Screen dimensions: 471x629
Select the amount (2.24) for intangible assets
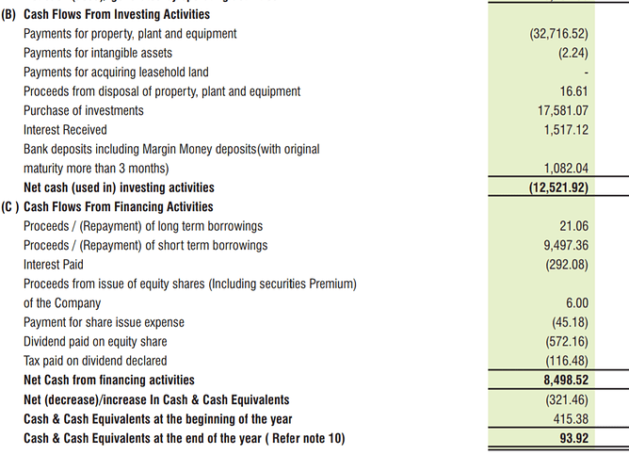pos(573,53)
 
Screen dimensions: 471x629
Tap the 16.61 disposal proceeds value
pos(573,91)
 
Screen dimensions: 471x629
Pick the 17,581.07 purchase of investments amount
pos(562,110)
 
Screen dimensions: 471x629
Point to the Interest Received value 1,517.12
pos(566,130)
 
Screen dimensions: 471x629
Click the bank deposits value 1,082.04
pos(566,169)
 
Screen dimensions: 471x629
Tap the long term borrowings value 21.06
pos(573,226)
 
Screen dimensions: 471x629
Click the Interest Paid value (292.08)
pos(567,265)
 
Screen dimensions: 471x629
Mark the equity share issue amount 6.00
pos(576,303)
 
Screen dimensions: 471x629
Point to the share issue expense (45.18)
pos(570,322)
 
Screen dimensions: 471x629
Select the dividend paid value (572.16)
pos(567,341)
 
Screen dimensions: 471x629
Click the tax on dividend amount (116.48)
pos(567,361)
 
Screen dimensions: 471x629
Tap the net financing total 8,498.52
pos(564,381)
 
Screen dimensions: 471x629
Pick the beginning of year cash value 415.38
pos(570,418)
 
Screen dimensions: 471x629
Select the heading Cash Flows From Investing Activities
pos(117,15)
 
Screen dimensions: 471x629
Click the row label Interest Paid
pos(54,265)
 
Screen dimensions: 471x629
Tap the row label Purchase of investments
pos(84,110)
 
